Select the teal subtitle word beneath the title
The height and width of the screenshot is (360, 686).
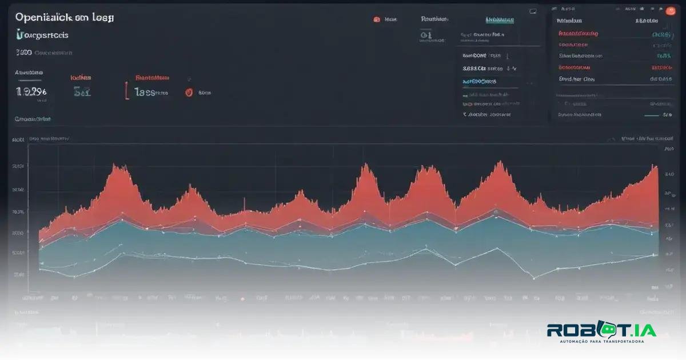pyautogui.click(x=43, y=35)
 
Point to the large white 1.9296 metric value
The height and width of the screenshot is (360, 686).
pyautogui.click(x=31, y=91)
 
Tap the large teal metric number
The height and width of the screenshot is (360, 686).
pyautogui.click(x=82, y=91)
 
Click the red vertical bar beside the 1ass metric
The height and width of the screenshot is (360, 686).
pyautogui.click(x=126, y=91)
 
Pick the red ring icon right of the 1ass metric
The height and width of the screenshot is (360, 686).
pyautogui.click(x=189, y=92)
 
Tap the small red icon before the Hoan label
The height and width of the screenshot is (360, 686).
pyautogui.click(x=377, y=19)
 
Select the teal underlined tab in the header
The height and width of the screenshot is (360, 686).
pyautogui.click(x=500, y=19)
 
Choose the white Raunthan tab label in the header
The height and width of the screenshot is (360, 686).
pyautogui.click(x=434, y=19)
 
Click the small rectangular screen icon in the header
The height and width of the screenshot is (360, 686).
pyautogui.click(x=533, y=11)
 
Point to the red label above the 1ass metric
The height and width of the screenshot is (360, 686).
pyautogui.click(x=152, y=77)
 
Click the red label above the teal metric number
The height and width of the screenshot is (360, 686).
pyautogui.click(x=81, y=77)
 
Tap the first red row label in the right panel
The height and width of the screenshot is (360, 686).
pyautogui.click(x=578, y=34)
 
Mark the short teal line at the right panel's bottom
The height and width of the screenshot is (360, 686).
pyautogui.click(x=651, y=115)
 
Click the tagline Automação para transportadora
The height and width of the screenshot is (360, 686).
pyautogui.click(x=601, y=342)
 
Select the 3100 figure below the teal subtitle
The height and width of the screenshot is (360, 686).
pyautogui.click(x=23, y=53)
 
